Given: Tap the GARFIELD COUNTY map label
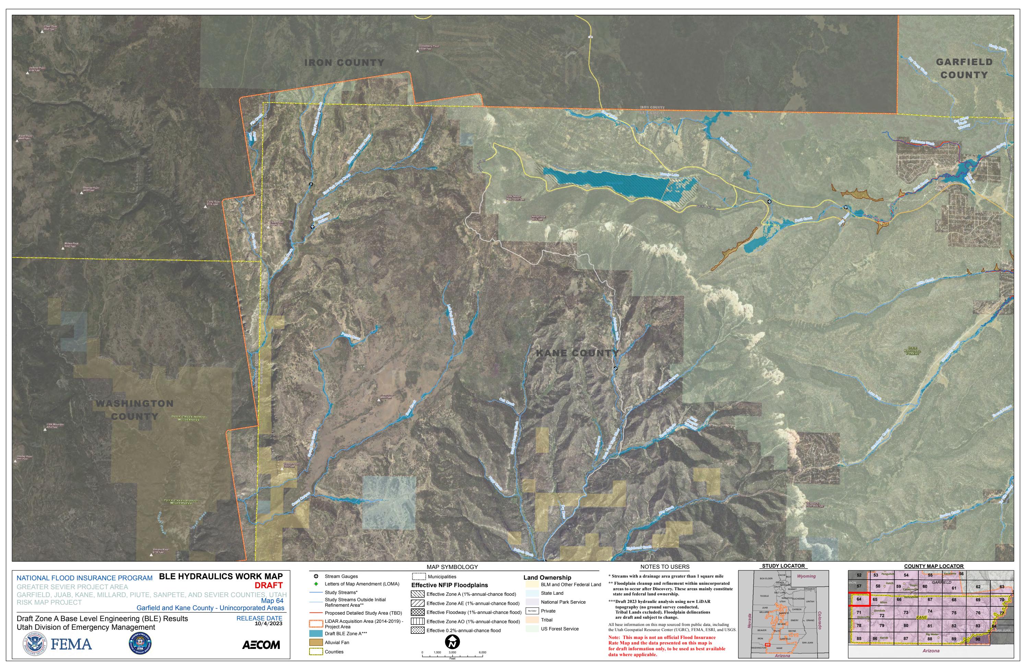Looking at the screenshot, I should point(964,69).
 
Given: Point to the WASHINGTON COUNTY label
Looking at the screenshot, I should point(134,410).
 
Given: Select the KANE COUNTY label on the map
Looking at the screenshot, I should point(577,354).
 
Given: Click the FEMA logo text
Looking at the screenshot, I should point(71,644).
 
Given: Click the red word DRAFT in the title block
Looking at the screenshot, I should point(269,585).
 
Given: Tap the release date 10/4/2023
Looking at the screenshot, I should point(268,624).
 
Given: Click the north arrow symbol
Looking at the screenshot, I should point(452,642).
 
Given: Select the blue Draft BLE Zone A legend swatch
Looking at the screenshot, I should point(316,633).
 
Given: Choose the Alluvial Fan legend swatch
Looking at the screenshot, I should point(316,642).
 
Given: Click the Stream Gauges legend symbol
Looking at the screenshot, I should point(316,576).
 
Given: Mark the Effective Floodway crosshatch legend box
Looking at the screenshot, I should point(418,612).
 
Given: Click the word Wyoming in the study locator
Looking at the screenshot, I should point(806,576).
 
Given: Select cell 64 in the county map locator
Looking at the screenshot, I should point(859,599).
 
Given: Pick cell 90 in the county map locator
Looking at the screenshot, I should point(978,639).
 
